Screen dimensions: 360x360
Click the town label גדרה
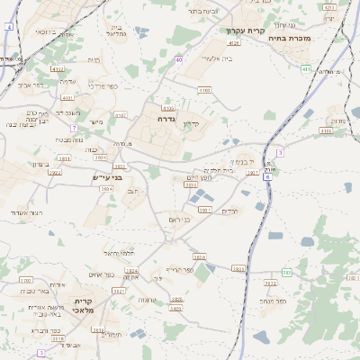coord(165,118)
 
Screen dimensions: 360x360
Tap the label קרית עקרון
coord(245,31)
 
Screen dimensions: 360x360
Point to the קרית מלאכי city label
coord(83,305)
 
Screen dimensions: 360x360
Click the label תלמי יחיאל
coord(118,253)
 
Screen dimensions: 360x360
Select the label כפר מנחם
coord(273,301)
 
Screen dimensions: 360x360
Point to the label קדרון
coord(189,123)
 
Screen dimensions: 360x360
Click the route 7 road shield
coord(74,129)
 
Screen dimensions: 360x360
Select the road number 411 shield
coord(306,68)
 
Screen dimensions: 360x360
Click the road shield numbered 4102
coord(58,68)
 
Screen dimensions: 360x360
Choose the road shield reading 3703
coord(57,338)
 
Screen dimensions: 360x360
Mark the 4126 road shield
coord(234,42)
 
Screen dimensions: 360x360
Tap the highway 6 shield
coord(267,177)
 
